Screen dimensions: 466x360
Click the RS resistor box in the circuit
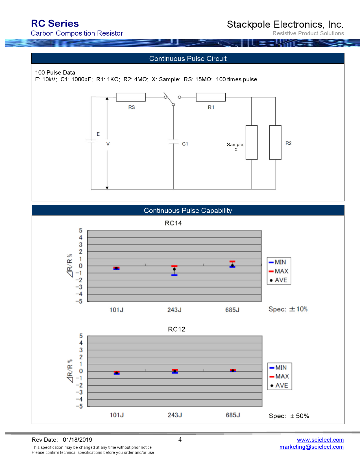pyautogui.click(x=131, y=97)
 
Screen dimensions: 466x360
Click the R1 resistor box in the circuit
pyautogui.click(x=211, y=97)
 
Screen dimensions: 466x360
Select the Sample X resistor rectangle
pyautogui.click(x=251, y=142)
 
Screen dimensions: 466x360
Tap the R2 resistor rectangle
pyautogui.click(x=275, y=142)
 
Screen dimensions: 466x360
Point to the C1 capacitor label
pyautogui.click(x=185, y=144)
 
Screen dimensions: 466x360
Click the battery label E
pyautogui.click(x=98, y=134)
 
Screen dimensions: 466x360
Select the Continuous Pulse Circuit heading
pyautogui.click(x=188, y=58)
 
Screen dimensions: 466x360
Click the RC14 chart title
pyautogui.click(x=173, y=223)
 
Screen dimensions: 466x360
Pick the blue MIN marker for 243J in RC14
pyautogui.click(x=174, y=275)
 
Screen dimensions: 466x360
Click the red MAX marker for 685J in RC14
pyautogui.click(x=232, y=262)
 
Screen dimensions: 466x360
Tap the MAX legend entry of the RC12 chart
pyautogui.click(x=279, y=376)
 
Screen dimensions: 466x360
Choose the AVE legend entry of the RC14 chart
pyautogui.click(x=278, y=280)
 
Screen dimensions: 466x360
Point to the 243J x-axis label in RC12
pyautogui.click(x=174, y=415)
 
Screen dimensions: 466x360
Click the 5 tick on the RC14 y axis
pyautogui.click(x=81, y=230)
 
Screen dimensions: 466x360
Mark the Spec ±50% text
pyautogui.click(x=289, y=416)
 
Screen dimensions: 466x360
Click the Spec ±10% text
pyautogui.click(x=288, y=309)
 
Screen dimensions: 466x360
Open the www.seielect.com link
pyautogui.click(x=320, y=440)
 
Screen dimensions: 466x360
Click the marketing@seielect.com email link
pyautogui.click(x=311, y=447)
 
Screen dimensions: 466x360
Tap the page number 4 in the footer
pyautogui.click(x=180, y=439)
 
